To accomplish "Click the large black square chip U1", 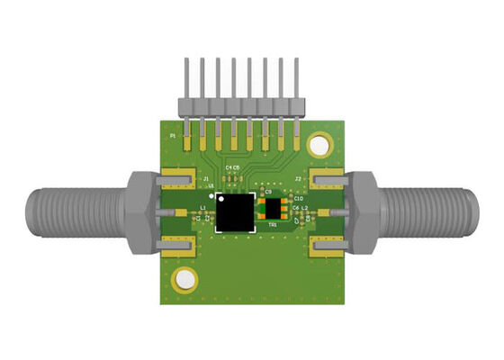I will tap(236, 211).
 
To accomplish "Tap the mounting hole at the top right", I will tap(319, 144).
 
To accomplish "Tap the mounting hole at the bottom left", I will tap(185, 279).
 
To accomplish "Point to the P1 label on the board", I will tap(174, 135).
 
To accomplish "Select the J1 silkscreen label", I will tap(206, 180).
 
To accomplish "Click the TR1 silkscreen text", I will tap(273, 227).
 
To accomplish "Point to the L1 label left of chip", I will tap(202, 207).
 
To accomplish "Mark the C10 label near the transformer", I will tap(299, 197).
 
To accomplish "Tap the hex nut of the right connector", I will tap(365, 212).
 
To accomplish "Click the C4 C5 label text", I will tap(232, 168).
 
